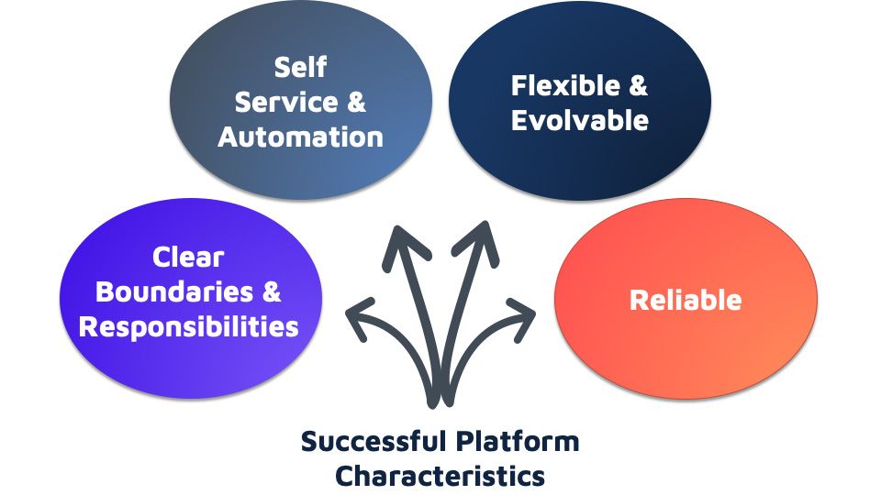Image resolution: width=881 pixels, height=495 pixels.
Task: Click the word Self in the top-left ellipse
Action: [300, 67]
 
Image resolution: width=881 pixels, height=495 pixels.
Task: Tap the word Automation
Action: [301, 137]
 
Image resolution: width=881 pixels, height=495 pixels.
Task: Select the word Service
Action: [286, 102]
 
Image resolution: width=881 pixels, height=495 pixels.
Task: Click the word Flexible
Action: [565, 85]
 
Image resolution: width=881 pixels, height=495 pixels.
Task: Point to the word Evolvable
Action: [580, 120]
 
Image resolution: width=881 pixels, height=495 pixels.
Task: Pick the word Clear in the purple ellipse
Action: [188, 258]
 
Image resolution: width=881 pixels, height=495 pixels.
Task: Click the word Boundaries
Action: [174, 291]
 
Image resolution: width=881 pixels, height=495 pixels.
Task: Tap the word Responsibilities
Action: [189, 326]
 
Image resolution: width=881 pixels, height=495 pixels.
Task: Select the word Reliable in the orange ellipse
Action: [686, 300]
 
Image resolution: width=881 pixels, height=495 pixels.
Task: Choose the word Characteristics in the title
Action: [440, 476]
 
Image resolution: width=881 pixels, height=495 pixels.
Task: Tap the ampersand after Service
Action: [356, 102]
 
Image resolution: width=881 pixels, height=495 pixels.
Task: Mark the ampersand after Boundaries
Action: [272, 291]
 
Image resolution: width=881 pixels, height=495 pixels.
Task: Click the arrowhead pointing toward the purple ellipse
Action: [359, 317]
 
